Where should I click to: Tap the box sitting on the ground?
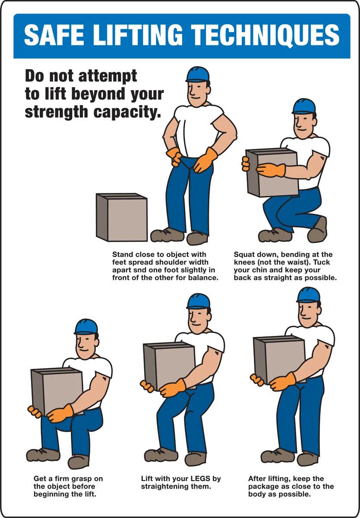click(x=122, y=218)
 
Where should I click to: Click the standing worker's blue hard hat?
click(x=198, y=74)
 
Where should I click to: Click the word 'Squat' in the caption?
click(x=245, y=255)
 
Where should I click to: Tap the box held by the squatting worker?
click(x=272, y=173)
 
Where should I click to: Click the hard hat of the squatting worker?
click(x=304, y=106)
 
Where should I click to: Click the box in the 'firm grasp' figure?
click(x=57, y=392)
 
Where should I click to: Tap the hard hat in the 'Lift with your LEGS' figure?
click(x=199, y=301)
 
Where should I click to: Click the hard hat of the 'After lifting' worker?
click(x=309, y=294)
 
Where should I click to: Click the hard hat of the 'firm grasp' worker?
click(x=86, y=326)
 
